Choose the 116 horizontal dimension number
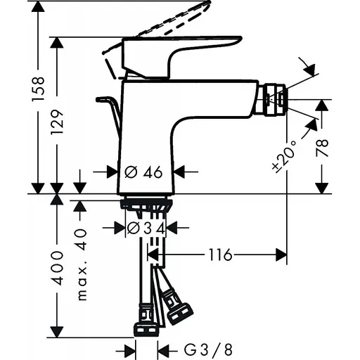(219, 254)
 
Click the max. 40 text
(82, 264)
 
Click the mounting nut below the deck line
(147, 205)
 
